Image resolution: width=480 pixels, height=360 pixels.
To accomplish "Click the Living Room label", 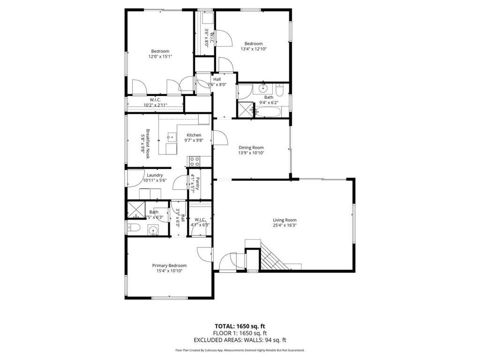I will pyautogui.click(x=285, y=220).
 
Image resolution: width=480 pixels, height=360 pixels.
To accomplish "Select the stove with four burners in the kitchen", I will pyautogui.click(x=194, y=162).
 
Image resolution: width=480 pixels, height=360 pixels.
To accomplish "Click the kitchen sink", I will pyautogui.click(x=172, y=137).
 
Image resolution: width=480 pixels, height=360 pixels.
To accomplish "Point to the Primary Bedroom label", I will pyautogui.click(x=169, y=265).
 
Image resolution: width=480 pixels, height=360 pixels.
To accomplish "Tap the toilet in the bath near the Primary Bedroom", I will pyautogui.click(x=133, y=228).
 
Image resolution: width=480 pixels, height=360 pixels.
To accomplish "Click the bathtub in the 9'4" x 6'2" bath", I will pyautogui.click(x=268, y=112).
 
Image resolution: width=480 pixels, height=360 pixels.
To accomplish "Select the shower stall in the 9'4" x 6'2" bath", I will pyautogui.click(x=244, y=110).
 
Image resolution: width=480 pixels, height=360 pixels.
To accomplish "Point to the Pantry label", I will pyautogui.click(x=198, y=184).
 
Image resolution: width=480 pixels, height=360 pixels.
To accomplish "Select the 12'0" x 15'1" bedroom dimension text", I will pyautogui.click(x=160, y=57).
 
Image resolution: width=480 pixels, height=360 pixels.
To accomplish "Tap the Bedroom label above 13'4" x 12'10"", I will pyautogui.click(x=254, y=44).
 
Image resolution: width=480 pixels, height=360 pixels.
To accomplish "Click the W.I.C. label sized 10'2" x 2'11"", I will pyautogui.click(x=155, y=100).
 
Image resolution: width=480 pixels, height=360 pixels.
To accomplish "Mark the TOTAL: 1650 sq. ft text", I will pyautogui.click(x=240, y=326).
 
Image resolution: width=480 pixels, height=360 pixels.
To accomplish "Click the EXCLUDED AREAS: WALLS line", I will pyautogui.click(x=240, y=340).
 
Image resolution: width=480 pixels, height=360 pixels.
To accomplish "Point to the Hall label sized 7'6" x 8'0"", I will pyautogui.click(x=217, y=80).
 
